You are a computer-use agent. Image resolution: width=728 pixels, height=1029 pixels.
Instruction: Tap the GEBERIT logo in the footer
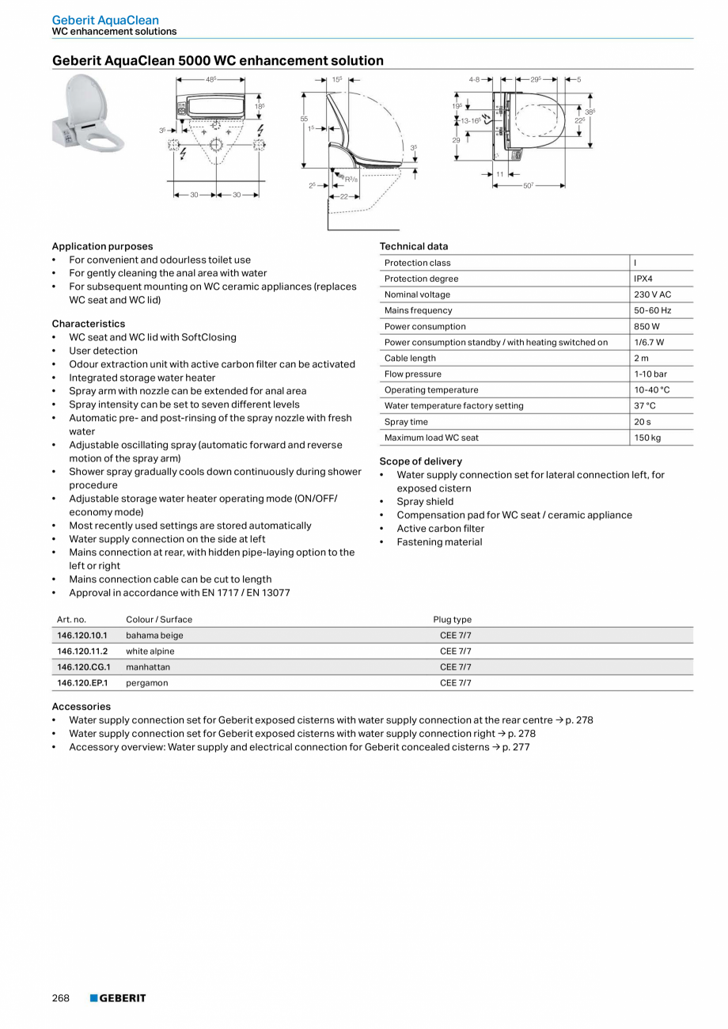[118, 998]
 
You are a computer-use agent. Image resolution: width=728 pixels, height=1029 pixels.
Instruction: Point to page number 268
[61, 998]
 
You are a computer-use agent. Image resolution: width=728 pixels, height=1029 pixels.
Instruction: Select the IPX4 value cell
[643, 279]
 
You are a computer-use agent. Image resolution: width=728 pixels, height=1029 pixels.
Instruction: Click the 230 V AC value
[652, 294]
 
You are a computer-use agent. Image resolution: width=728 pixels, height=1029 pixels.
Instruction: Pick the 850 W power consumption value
[646, 326]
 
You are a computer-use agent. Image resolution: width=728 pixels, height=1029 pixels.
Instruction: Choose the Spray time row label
[406, 422]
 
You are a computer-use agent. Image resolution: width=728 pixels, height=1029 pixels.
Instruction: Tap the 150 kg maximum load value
[647, 438]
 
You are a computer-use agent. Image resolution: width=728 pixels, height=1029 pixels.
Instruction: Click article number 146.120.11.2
[82, 651]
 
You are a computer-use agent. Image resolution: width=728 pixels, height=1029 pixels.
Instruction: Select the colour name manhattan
[148, 667]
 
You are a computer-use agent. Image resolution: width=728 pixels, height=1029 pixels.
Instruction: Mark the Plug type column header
[452, 620]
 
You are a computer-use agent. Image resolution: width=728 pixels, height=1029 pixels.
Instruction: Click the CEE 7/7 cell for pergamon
[455, 683]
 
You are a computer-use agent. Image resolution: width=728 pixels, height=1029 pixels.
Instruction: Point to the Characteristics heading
[89, 324]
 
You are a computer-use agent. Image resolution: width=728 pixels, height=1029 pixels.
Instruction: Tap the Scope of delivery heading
[420, 461]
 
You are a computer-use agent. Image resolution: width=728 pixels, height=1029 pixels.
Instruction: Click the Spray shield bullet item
[425, 502]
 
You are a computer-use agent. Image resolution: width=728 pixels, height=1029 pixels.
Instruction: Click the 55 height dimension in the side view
[304, 119]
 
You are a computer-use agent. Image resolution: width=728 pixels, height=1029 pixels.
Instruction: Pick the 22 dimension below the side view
[344, 196]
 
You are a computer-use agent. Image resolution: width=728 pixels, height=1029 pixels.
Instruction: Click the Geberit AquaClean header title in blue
[105, 20]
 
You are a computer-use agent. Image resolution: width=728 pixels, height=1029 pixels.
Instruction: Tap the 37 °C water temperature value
[645, 406]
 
